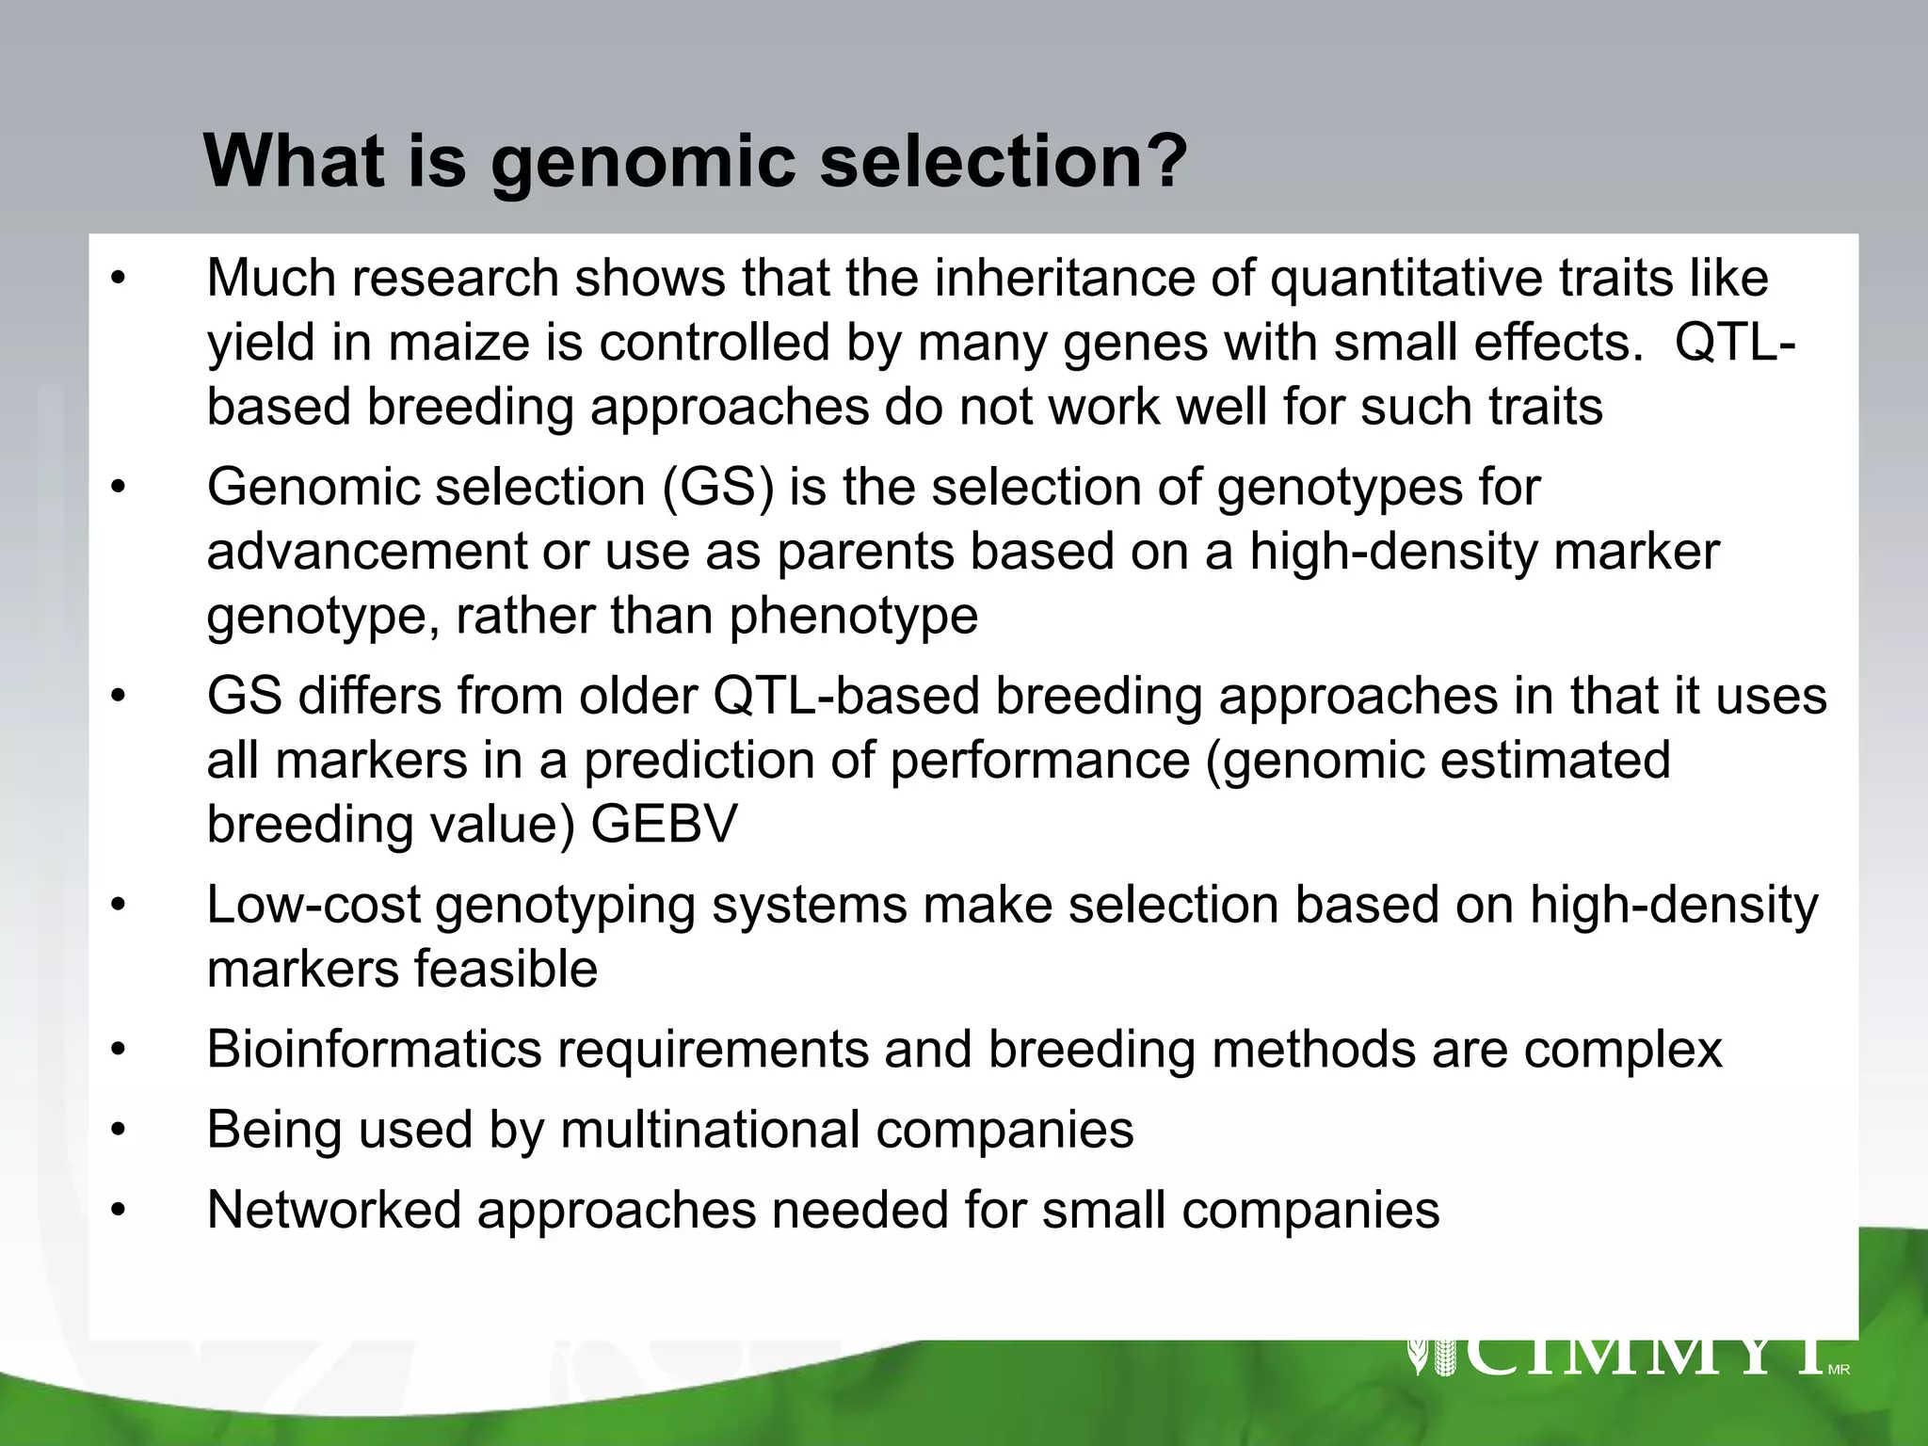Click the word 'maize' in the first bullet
pyautogui.click(x=460, y=343)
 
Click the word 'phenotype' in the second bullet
pyautogui.click(x=853, y=618)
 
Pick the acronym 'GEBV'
pyautogui.click(x=665, y=825)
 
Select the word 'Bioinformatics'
pyautogui.click(x=375, y=1050)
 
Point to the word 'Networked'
pyautogui.click(x=334, y=1210)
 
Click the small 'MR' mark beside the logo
pyautogui.click(x=1839, y=1370)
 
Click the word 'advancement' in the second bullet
pyautogui.click(x=366, y=553)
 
